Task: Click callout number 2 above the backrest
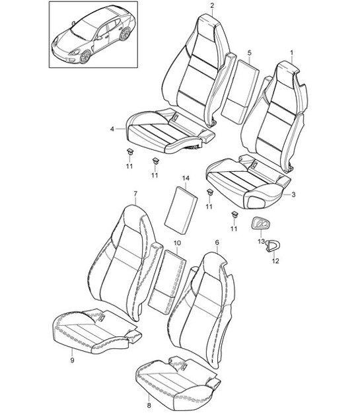[x=213, y=6]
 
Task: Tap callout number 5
[x=250, y=53]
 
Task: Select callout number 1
[x=292, y=53]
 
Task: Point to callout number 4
[x=112, y=129]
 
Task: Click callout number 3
[x=293, y=195]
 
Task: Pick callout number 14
[x=186, y=178]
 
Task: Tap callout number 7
[x=135, y=194]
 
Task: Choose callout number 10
[x=177, y=243]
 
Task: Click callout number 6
[x=217, y=242]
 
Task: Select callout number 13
[x=261, y=241]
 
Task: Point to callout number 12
[x=275, y=261]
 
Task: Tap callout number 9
[x=73, y=360]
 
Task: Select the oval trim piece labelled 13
[x=260, y=224]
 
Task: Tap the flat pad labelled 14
[x=181, y=210]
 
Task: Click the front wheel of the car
[x=85, y=57]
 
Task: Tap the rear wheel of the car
[x=125, y=34]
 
